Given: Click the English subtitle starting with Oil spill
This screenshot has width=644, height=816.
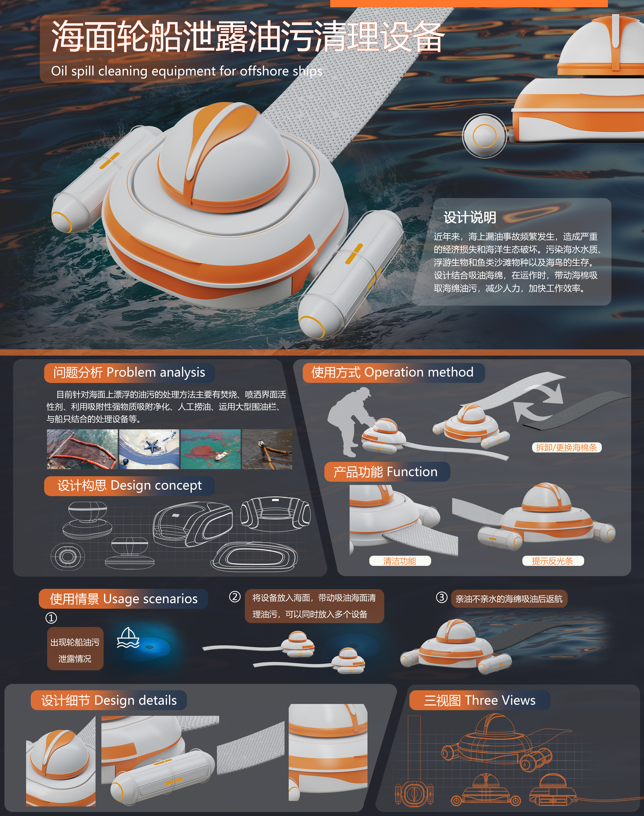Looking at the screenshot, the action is pyautogui.click(x=187, y=71).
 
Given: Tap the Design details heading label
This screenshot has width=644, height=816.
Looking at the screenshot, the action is pyautogui.click(x=109, y=701).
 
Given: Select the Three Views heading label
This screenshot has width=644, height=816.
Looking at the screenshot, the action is pyautogui.click(x=480, y=701).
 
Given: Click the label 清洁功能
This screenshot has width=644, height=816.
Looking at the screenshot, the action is pyautogui.click(x=400, y=561).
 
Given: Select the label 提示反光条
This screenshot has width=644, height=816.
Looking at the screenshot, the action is pyautogui.click(x=553, y=561).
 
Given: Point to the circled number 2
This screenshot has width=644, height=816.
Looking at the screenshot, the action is pyautogui.click(x=235, y=597).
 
